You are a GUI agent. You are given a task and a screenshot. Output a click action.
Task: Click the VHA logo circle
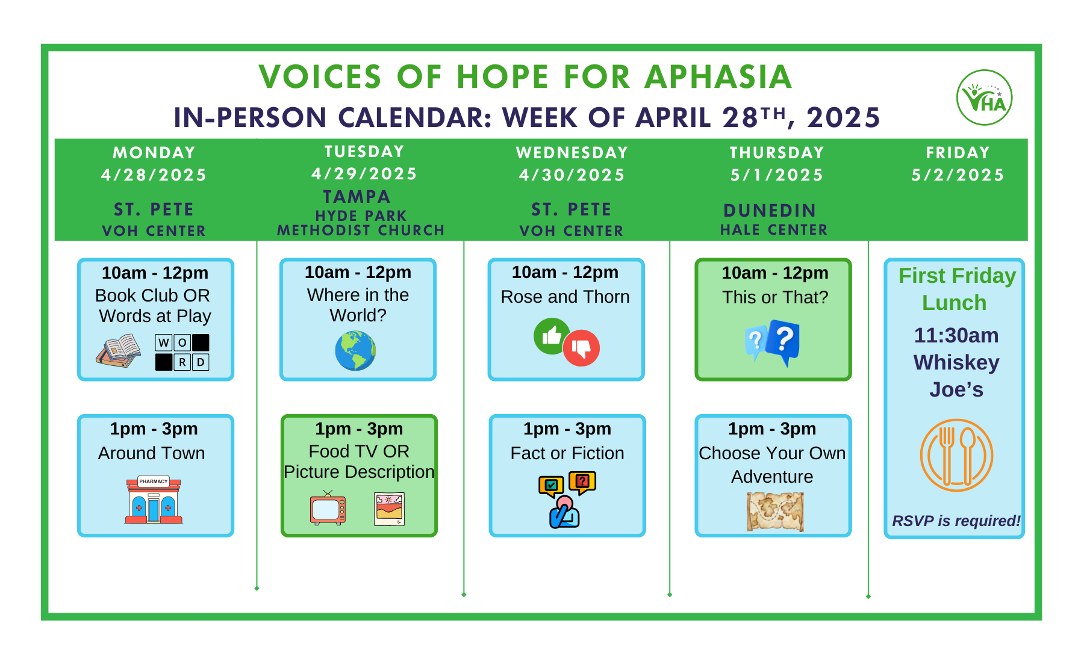click(984, 97)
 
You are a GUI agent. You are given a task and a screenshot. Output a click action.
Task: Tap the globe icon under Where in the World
click(355, 351)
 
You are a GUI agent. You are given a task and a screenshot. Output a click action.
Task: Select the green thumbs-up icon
click(551, 336)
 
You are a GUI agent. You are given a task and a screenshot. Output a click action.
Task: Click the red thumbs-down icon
click(581, 348)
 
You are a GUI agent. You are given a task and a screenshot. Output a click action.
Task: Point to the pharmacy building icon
click(154, 500)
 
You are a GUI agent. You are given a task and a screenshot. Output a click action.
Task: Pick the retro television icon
click(328, 509)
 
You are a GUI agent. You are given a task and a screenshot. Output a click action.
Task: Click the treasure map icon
click(775, 512)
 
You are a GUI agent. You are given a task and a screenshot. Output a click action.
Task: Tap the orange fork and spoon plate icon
click(956, 455)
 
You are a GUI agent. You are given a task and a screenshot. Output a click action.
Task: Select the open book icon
click(119, 351)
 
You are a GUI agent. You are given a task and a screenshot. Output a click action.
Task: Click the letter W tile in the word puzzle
click(164, 342)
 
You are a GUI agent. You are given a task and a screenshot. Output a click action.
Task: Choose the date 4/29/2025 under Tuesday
click(364, 174)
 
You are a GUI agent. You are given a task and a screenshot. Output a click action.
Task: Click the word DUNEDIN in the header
click(770, 211)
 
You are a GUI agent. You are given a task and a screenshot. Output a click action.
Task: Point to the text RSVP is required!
click(956, 521)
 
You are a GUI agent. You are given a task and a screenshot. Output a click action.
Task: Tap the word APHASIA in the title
click(718, 77)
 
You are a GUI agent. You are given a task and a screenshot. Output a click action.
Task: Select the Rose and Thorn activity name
click(565, 297)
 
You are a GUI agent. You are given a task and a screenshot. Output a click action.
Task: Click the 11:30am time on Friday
click(956, 335)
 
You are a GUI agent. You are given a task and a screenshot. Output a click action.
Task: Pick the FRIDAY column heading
click(958, 153)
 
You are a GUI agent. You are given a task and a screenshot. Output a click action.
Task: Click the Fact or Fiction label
click(567, 453)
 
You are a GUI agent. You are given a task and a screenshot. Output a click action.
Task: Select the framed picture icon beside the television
click(389, 509)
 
